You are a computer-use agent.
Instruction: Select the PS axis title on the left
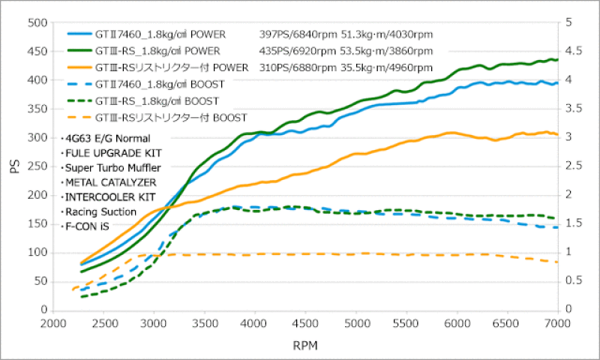click(13, 166)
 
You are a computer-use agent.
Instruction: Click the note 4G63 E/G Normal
click(107, 138)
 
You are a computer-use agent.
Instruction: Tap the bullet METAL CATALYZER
click(109, 181)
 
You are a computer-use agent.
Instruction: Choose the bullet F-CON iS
click(87, 226)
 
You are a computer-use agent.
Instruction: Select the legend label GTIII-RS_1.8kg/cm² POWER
click(157, 51)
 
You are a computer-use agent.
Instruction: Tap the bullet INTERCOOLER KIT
click(109, 196)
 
